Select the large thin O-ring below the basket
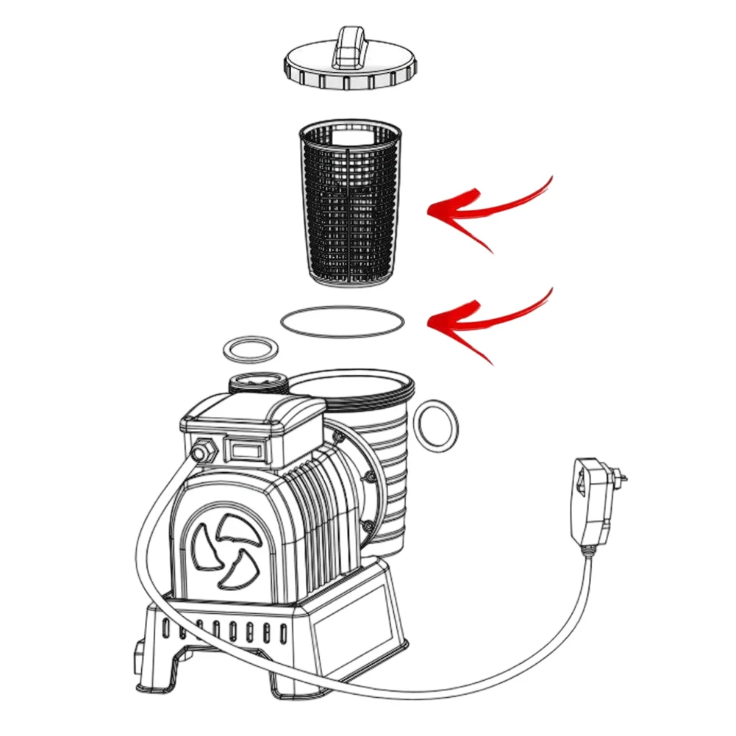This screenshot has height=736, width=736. click(343, 321)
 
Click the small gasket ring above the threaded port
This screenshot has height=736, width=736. click(250, 350)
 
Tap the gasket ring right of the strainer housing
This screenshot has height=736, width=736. click(436, 426)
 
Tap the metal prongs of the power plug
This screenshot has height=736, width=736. click(622, 479)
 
